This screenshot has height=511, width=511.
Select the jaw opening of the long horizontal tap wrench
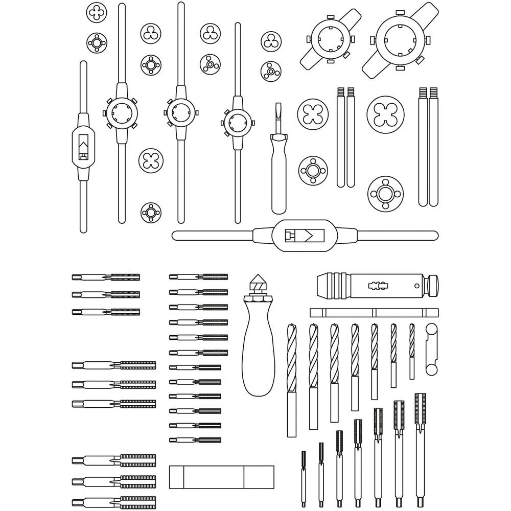coord(305,236)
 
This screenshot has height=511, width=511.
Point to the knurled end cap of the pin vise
coord(432,286)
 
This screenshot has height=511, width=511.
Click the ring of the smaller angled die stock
coord(328,40)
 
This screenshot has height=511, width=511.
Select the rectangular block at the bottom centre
coord(221,477)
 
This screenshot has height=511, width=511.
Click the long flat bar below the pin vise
coord(374,312)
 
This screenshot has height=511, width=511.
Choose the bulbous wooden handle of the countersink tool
coord(258,353)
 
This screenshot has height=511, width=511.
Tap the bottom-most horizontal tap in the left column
coord(114,502)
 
